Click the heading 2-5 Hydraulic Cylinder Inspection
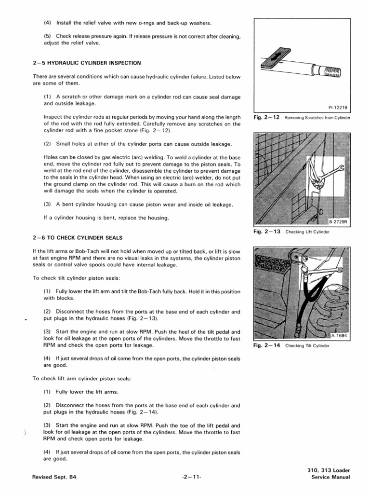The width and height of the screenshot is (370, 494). [x=87, y=63]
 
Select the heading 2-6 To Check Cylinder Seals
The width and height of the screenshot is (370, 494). [x=78, y=237]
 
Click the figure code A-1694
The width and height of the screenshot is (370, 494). [x=339, y=336]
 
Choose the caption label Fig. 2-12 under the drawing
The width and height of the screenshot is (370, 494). [x=267, y=118]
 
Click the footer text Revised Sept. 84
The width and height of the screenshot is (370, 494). [x=54, y=477]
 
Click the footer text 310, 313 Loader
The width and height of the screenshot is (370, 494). [x=328, y=470]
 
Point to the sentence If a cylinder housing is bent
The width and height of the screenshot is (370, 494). [x=106, y=218]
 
